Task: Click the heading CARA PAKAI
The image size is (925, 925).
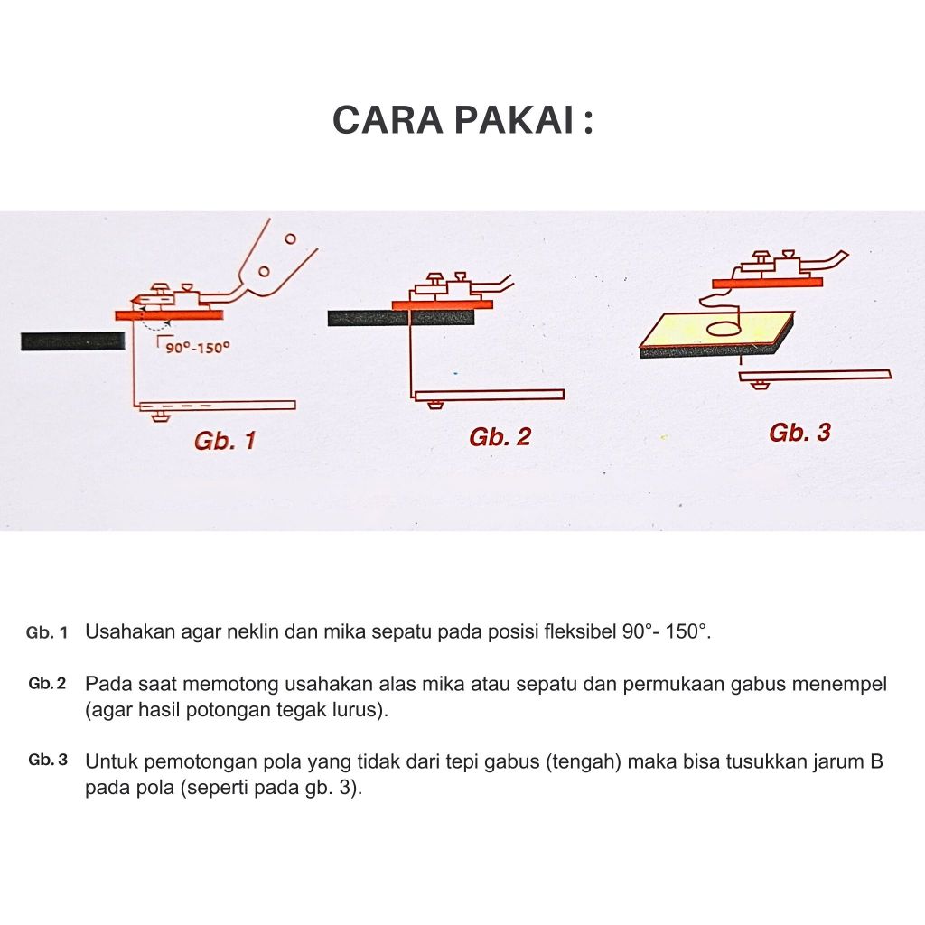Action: pos(463,120)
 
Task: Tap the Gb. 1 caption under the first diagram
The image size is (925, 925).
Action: pos(225,441)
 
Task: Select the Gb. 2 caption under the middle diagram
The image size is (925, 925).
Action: pos(500,436)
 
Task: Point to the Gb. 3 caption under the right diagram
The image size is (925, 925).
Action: pos(799,433)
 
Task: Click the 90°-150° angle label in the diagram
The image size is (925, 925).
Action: pos(197,348)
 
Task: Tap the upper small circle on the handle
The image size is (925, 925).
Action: pos(290,238)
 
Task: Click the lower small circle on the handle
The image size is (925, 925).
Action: pos(265,271)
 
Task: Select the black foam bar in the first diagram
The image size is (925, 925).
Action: pos(73,341)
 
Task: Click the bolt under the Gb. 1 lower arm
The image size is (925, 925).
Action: pos(159,416)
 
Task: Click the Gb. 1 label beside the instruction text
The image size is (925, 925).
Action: pos(47,633)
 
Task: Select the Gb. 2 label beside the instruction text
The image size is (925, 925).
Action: pos(47,684)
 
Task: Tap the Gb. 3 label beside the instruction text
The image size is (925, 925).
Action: pos(48,760)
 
